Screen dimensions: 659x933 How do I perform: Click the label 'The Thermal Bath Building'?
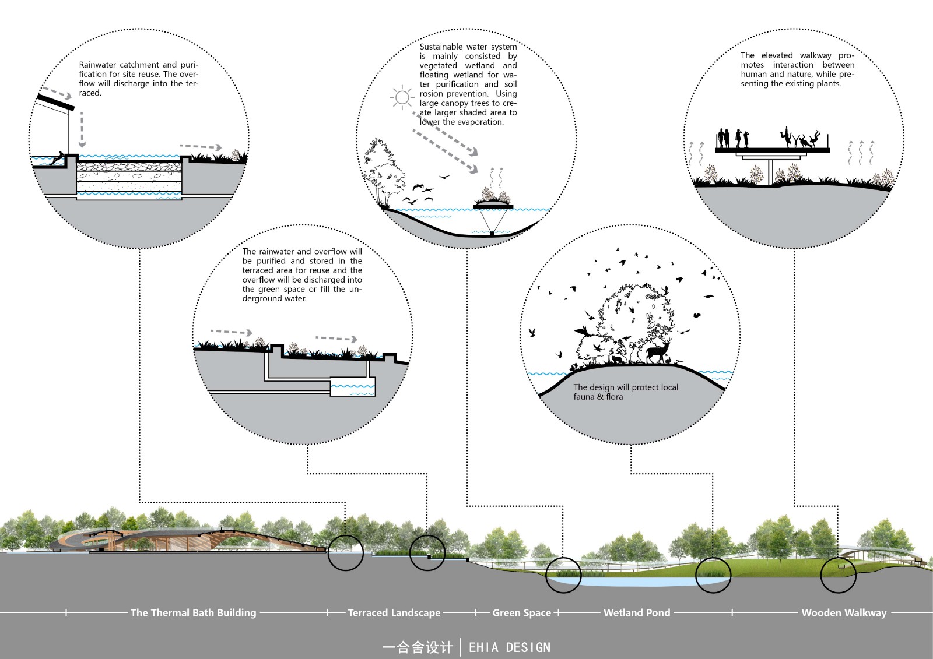[193, 612]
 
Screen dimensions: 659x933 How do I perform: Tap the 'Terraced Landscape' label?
[394, 613]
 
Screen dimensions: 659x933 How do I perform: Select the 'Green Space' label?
[521, 612]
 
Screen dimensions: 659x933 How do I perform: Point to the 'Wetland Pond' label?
[637, 612]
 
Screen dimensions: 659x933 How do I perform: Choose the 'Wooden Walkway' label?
[844, 613]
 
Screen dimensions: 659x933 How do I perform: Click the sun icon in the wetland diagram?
[402, 97]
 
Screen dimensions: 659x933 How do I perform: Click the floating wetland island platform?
[493, 206]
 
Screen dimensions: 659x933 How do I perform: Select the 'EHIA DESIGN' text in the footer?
[510, 647]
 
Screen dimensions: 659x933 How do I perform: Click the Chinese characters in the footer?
[418, 647]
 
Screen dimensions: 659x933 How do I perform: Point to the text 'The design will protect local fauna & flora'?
[625, 392]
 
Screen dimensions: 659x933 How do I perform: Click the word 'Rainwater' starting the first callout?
[98, 65]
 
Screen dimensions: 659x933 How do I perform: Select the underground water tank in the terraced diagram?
[352, 387]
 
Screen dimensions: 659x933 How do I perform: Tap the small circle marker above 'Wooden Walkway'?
[838, 575]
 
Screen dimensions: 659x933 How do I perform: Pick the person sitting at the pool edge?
[58, 159]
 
